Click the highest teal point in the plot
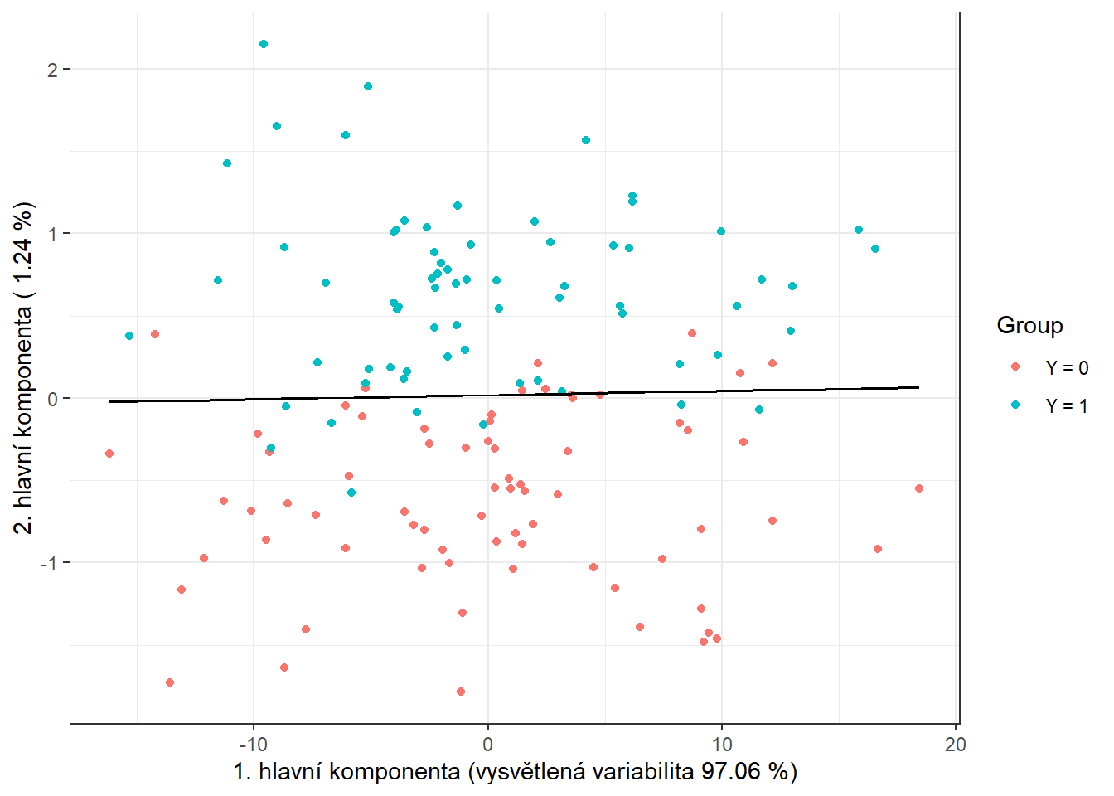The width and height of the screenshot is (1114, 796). point(264,44)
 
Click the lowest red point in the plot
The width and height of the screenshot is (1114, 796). point(461,692)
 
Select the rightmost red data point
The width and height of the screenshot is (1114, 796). point(919,488)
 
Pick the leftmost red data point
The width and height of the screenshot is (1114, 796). point(109,454)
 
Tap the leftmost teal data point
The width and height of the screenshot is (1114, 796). point(129,336)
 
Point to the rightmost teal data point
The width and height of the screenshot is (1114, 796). point(875,249)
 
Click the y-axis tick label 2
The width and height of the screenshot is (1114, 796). point(53,70)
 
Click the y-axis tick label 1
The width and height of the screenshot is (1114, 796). point(53,234)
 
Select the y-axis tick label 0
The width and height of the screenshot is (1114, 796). point(53,399)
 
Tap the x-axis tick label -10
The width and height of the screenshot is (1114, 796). point(254,745)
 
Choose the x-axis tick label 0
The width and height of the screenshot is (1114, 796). point(487,745)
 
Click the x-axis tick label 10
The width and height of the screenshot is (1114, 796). point(721,745)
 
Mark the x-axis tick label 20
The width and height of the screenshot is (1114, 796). point(955,745)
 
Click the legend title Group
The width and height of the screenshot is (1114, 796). point(1029,325)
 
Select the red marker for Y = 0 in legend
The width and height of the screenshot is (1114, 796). point(1016,366)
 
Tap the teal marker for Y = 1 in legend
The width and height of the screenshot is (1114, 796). point(1016,405)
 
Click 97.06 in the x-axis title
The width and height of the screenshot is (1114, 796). point(730,772)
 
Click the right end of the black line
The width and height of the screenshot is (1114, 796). point(919,387)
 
